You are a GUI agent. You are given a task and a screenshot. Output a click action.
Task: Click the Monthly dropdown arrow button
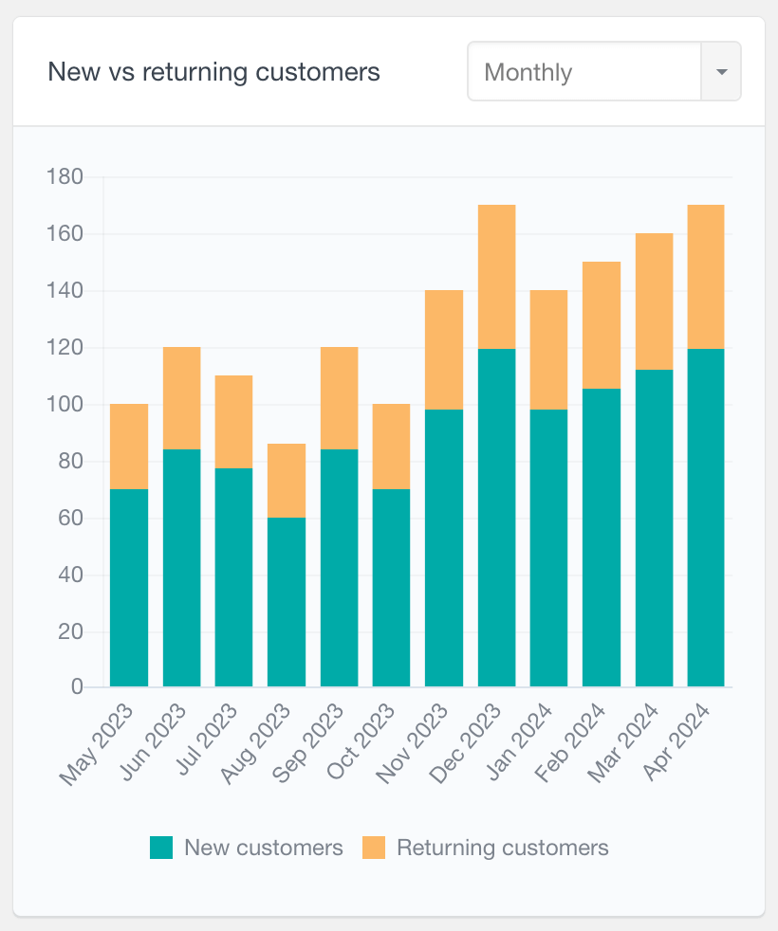click(721, 72)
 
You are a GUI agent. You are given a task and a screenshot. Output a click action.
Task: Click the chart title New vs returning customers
click(213, 72)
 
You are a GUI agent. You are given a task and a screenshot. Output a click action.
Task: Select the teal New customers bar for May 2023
click(129, 588)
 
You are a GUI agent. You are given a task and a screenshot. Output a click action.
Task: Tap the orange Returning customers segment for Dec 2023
click(497, 277)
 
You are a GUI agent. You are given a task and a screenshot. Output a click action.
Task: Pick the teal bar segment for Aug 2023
click(287, 602)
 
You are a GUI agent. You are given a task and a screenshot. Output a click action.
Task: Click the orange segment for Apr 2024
click(706, 277)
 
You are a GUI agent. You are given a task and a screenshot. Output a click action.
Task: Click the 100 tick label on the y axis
click(65, 405)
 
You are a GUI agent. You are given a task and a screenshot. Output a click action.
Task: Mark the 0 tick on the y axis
click(77, 686)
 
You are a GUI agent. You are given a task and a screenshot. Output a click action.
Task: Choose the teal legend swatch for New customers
click(161, 848)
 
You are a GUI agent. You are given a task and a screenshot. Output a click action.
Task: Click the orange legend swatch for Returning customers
click(374, 848)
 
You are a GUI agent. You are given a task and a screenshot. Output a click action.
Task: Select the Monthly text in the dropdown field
click(528, 72)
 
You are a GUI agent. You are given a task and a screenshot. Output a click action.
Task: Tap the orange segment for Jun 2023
click(182, 398)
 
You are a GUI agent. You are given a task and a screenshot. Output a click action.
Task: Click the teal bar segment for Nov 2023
click(444, 548)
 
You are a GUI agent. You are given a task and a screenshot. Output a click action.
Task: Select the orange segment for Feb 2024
click(602, 325)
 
